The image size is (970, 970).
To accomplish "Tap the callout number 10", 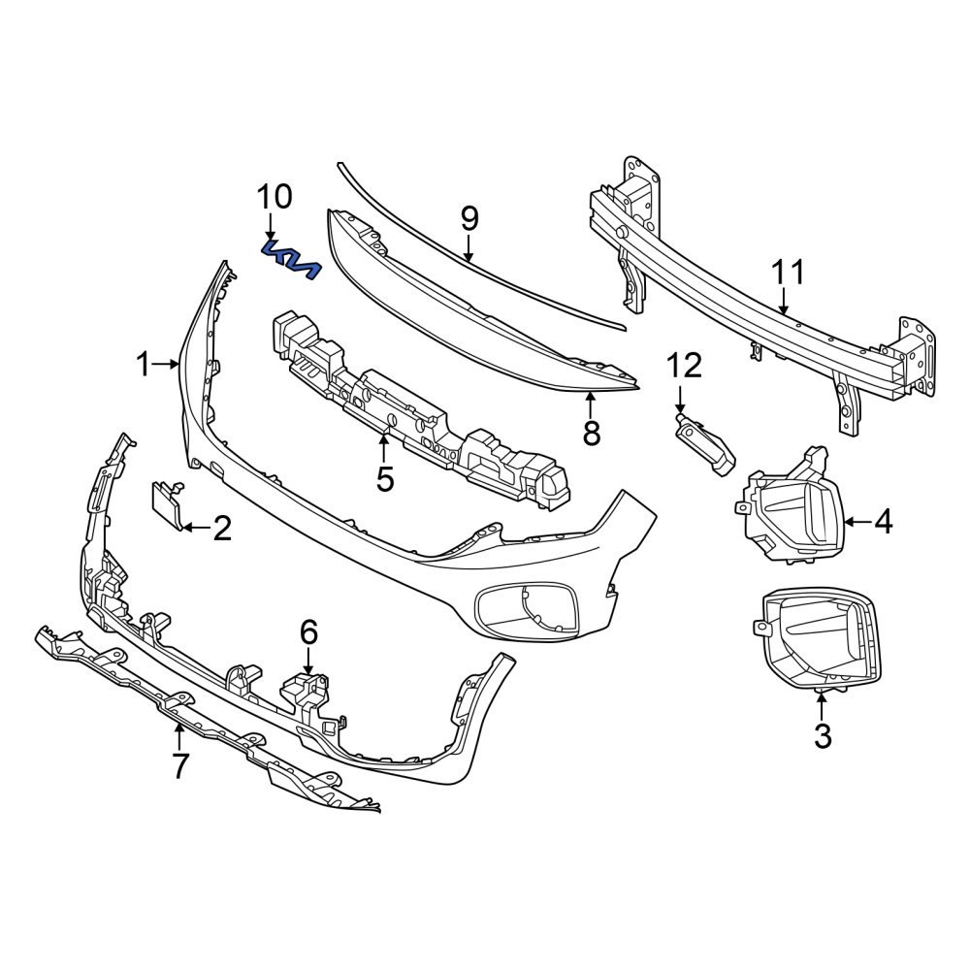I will pos(274,197).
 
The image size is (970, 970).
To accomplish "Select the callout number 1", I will pos(144,366).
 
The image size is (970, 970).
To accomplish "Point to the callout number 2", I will pos(222,529).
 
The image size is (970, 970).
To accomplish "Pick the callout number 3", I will pos(822,736).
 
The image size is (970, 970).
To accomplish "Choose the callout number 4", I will pos(882,522).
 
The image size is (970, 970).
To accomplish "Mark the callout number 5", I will pos(385,478).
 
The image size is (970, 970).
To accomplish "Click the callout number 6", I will pos(308,632).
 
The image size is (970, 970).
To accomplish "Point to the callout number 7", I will pos(180,765).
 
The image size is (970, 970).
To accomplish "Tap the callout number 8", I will pos(591,433).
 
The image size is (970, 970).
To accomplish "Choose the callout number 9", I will pos(469,219).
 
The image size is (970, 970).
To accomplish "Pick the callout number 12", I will pos(683,366).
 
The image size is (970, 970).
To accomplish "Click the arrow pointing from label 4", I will pos(856,522).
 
